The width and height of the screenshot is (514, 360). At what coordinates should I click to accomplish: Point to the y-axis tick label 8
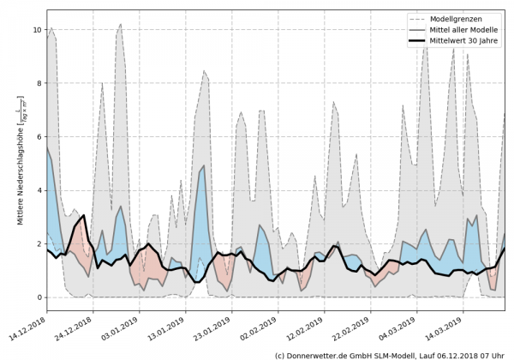pos(38,83)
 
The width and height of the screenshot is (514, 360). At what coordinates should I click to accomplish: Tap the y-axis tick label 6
pos(38,136)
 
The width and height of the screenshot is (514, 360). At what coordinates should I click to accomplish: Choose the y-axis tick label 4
pos(38,190)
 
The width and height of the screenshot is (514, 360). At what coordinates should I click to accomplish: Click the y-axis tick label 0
pos(38,297)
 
